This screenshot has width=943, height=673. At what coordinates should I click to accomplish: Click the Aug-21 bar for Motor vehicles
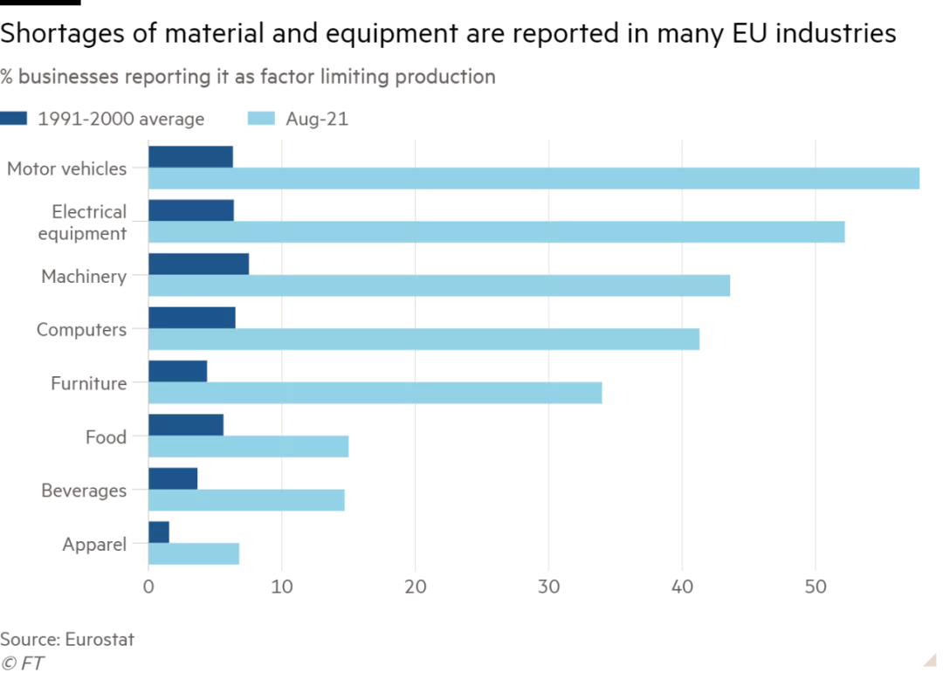click(533, 178)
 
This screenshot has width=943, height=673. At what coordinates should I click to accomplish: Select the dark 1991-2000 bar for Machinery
click(199, 264)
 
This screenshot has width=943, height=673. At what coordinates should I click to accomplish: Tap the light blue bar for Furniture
click(375, 394)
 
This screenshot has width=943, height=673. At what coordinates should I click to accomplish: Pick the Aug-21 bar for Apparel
click(195, 554)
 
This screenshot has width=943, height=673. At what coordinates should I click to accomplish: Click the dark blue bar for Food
click(186, 425)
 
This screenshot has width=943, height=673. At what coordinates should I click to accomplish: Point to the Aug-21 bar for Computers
click(423, 340)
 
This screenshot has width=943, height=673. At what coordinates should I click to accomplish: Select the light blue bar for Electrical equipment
click(497, 232)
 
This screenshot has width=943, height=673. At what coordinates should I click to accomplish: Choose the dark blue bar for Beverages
click(173, 478)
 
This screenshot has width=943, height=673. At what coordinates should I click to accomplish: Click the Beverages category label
click(84, 491)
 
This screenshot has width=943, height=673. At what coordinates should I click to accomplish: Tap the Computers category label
click(81, 330)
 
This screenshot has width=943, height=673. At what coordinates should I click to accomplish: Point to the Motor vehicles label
click(67, 168)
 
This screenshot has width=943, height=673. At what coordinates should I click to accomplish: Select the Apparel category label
click(94, 545)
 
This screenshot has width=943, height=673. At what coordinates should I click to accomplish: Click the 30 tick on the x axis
click(548, 586)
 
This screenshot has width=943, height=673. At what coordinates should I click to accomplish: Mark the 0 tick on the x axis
click(148, 586)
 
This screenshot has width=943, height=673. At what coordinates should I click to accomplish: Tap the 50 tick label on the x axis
click(815, 586)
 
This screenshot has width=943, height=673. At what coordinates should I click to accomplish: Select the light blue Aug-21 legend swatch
click(261, 119)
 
